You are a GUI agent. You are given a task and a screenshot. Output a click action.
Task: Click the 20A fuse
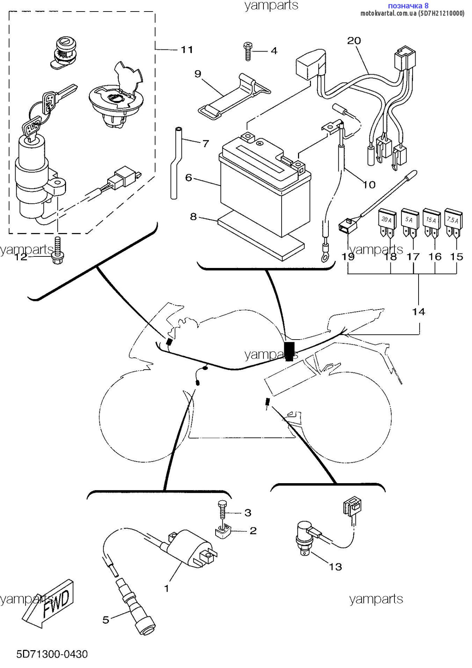[x=387, y=223]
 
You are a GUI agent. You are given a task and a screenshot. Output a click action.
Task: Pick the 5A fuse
[x=409, y=222]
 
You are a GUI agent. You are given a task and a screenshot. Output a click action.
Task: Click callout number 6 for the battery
[x=189, y=178]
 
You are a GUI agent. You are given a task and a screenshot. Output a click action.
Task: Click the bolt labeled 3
[x=222, y=510]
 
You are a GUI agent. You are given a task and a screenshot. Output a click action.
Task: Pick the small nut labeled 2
[x=223, y=532]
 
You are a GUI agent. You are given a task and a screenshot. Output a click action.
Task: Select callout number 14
[x=419, y=312]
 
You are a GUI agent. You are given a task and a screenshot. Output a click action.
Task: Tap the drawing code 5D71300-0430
[x=52, y=654]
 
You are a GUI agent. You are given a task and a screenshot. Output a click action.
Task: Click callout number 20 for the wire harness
[x=354, y=41]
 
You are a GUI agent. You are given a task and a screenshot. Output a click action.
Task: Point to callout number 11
[x=187, y=50]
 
